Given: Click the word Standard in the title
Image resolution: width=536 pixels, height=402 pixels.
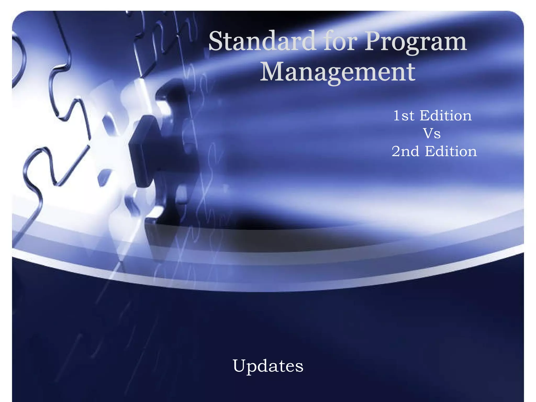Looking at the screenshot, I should click(262, 41).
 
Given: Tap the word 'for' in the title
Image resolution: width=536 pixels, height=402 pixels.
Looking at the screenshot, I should click(340, 41).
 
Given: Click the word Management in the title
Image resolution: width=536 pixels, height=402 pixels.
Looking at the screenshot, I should click(337, 72).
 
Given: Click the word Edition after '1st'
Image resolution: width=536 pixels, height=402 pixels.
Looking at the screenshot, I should click(445, 116).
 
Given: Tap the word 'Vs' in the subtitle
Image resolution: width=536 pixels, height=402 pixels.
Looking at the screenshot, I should click(432, 133).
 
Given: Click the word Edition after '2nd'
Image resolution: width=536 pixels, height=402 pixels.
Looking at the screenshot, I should click(451, 151).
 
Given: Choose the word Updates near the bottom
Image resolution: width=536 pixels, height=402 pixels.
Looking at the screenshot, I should click(268, 366).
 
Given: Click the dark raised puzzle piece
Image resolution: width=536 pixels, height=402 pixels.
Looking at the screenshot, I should click(147, 152).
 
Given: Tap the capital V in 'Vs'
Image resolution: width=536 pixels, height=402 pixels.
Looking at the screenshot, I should click(428, 133).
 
